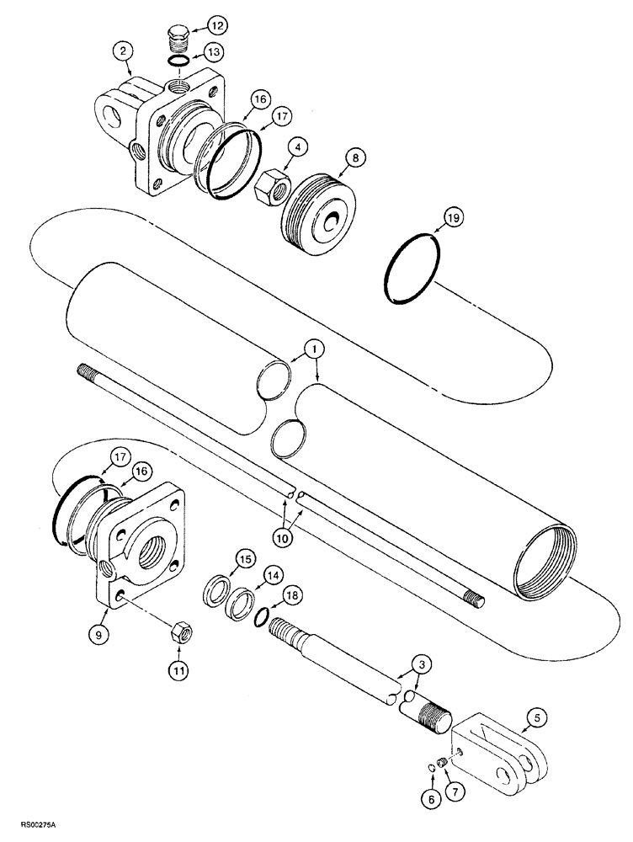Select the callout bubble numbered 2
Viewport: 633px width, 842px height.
tap(124, 51)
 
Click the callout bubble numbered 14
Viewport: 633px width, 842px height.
tap(272, 576)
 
